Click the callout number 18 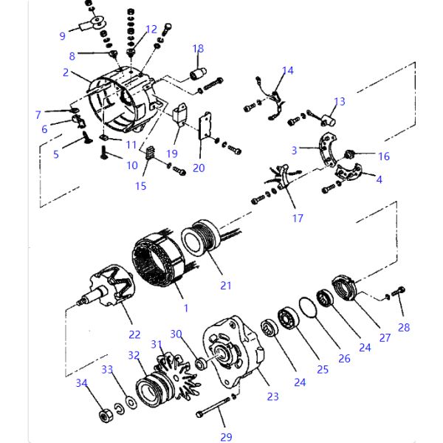pyautogui.click(x=198, y=49)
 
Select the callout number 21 pyautogui.click(x=226, y=286)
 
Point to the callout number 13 pyautogui.click(x=340, y=101)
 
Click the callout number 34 pyautogui.click(x=81, y=382)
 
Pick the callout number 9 pyautogui.click(x=62, y=35)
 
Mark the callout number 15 pyautogui.click(x=140, y=186)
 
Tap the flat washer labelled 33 pyautogui.click(x=130, y=402)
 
